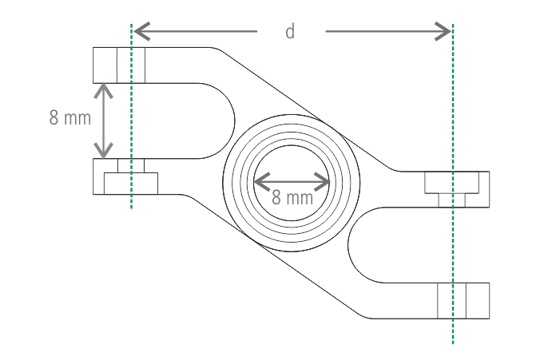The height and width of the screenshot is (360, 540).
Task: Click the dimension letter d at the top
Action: tap(291, 32)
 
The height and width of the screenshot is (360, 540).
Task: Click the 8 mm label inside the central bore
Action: tap(292, 197)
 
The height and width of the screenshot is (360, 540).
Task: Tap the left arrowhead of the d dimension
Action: tap(137, 32)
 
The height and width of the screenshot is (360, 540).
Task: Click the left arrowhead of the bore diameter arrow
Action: tap(258, 181)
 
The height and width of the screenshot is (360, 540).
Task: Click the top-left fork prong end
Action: tap(120, 65)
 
